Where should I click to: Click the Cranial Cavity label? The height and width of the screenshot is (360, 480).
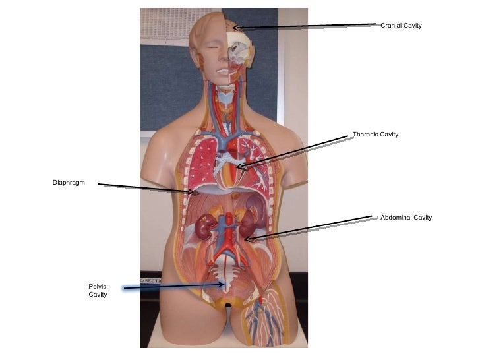pos(400,26)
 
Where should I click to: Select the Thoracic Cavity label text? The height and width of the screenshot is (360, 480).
pos(375,135)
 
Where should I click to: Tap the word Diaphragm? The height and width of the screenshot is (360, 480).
pos(69,183)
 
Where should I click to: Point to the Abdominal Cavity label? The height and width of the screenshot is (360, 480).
pos(405,218)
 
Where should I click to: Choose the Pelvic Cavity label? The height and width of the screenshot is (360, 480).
pos(98,291)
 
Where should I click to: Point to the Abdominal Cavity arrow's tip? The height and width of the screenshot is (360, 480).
pos(247,240)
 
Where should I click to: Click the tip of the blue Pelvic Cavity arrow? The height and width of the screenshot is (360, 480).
pos(224,285)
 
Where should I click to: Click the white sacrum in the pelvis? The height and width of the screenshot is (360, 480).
pos(225,278)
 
